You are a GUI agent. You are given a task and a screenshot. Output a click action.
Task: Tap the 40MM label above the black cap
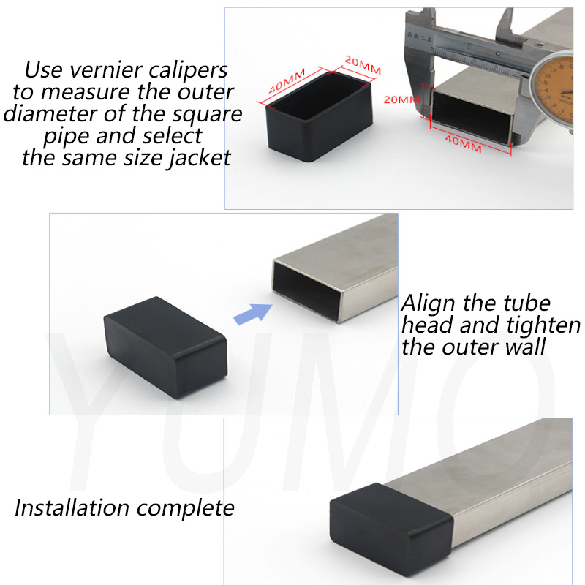click(x=287, y=81)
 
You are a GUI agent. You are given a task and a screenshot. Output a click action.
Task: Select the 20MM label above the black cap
click(x=363, y=65)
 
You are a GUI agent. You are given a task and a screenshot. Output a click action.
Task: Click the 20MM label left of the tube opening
click(x=401, y=99)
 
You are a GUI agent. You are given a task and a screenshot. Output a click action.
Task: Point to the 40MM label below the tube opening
click(x=463, y=143)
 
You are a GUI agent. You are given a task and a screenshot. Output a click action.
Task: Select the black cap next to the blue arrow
click(x=166, y=347)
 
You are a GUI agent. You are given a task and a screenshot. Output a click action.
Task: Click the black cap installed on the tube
click(x=391, y=529)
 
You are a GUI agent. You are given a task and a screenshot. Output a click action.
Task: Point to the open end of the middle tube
click(x=307, y=290)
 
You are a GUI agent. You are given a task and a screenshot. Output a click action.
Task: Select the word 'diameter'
click(x=50, y=114)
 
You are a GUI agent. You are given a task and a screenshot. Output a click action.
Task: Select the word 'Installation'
click(x=72, y=507)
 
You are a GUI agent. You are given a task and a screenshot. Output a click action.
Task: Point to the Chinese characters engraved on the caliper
click(x=420, y=37)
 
